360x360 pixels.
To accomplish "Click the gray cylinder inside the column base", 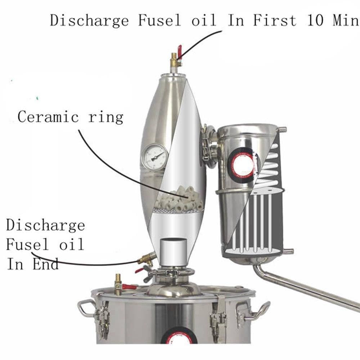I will point(174,252).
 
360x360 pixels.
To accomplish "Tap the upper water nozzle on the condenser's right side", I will point(282,129).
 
